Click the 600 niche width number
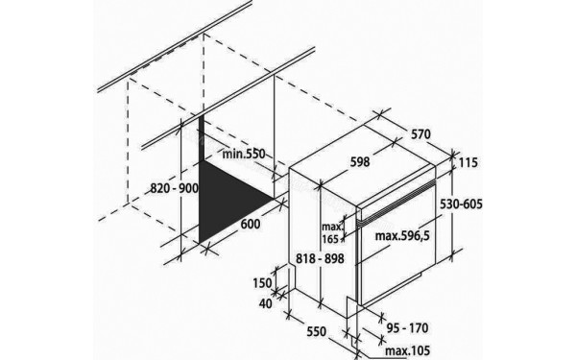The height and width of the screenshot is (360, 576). (250, 225)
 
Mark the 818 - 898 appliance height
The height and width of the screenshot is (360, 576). (319, 258)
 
